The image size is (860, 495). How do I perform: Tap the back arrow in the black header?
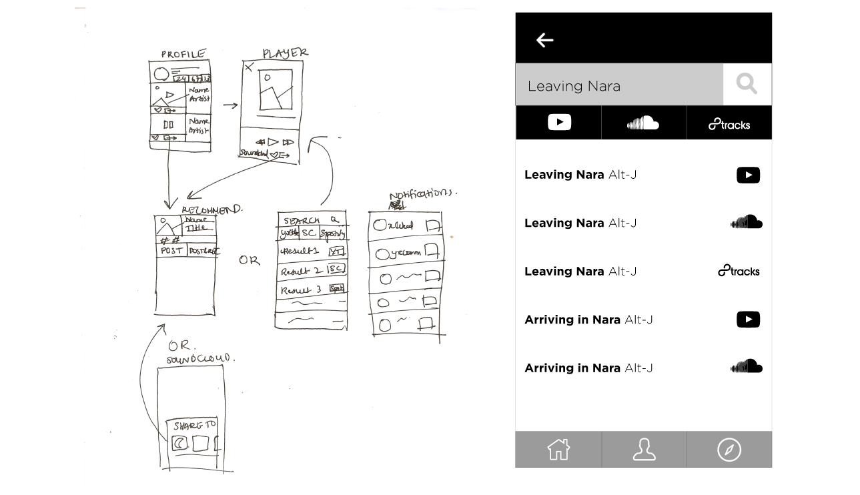(x=545, y=40)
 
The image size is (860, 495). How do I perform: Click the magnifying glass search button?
(x=747, y=84)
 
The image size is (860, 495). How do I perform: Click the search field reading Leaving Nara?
(x=618, y=85)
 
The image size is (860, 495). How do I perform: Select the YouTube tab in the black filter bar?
(x=559, y=123)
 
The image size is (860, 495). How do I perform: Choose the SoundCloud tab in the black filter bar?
(x=643, y=123)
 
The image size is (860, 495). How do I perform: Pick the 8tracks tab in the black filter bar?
(x=729, y=124)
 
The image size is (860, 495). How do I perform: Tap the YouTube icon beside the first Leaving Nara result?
(x=748, y=175)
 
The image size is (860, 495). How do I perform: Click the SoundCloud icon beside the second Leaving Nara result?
(x=747, y=222)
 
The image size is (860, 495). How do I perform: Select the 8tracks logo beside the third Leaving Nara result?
(x=739, y=271)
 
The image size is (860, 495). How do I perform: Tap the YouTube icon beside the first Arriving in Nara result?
(x=748, y=320)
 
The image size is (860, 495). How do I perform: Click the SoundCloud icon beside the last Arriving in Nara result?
(x=747, y=367)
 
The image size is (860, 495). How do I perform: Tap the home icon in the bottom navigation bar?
(x=558, y=450)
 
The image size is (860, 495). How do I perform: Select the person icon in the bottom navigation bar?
(x=644, y=450)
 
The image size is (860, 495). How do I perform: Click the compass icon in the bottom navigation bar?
(x=729, y=450)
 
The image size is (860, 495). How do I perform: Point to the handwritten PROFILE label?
(x=183, y=54)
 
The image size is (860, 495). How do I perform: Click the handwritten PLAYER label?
(x=285, y=53)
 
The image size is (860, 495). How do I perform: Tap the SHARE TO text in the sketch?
(x=194, y=426)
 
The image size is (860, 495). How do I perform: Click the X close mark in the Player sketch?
(x=249, y=67)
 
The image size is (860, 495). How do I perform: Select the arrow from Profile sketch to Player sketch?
(x=230, y=105)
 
